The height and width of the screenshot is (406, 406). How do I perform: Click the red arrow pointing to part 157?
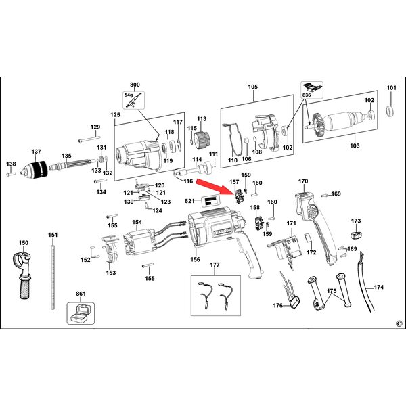pos(211,186)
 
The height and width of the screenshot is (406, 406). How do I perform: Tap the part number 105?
pos(252,87)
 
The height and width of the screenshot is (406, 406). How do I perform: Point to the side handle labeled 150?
pos(23,275)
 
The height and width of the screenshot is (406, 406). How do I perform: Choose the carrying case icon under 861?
pos(81,313)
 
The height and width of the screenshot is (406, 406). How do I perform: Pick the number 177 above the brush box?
pos(215,265)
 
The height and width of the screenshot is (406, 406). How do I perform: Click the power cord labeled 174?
pos(365,282)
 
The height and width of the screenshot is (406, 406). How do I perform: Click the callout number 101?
pos(391,88)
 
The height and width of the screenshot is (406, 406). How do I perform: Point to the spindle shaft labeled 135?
pos(72,164)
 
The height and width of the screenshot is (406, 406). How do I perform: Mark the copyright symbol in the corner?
pos(399,323)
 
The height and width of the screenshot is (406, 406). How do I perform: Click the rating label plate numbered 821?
pos(210,201)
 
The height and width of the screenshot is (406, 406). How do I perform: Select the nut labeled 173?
pos(356,235)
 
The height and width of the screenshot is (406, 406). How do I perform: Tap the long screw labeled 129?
pos(89,139)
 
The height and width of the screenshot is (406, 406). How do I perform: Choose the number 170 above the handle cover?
pos(303,181)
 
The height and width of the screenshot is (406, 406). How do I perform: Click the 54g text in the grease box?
pos(129,95)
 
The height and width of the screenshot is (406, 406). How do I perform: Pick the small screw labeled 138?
pos(11,175)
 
